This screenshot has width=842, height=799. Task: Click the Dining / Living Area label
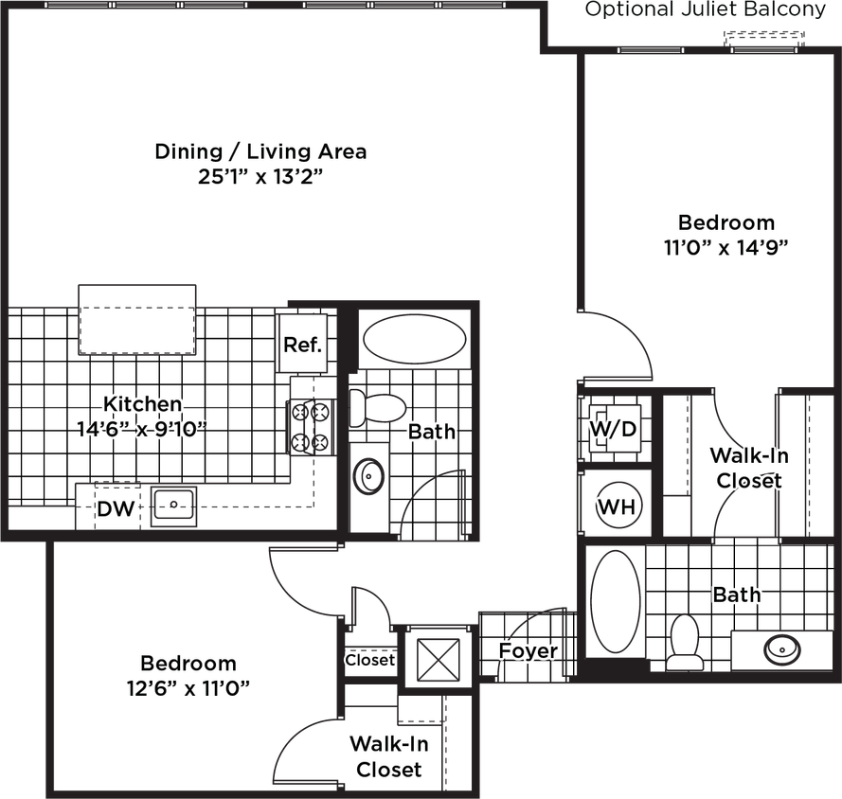[x=261, y=151]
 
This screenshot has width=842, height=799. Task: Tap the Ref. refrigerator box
[x=303, y=344]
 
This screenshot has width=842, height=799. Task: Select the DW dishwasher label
[x=115, y=511]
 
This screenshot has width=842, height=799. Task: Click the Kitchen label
[x=143, y=403]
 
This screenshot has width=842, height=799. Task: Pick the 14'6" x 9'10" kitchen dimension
[x=141, y=429]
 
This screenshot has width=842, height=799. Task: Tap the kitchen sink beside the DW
[x=172, y=506]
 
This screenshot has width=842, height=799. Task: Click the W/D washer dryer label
[x=613, y=429]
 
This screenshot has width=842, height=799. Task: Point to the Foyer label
[x=528, y=651]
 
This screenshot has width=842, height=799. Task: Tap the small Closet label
[x=369, y=660]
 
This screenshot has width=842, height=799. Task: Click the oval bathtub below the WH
[x=616, y=600]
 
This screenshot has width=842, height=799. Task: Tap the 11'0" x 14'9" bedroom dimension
[x=726, y=247]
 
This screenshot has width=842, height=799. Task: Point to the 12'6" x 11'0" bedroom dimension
[x=188, y=688]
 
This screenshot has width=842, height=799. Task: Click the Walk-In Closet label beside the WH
[x=749, y=468]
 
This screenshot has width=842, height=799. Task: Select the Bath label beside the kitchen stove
[x=431, y=432]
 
